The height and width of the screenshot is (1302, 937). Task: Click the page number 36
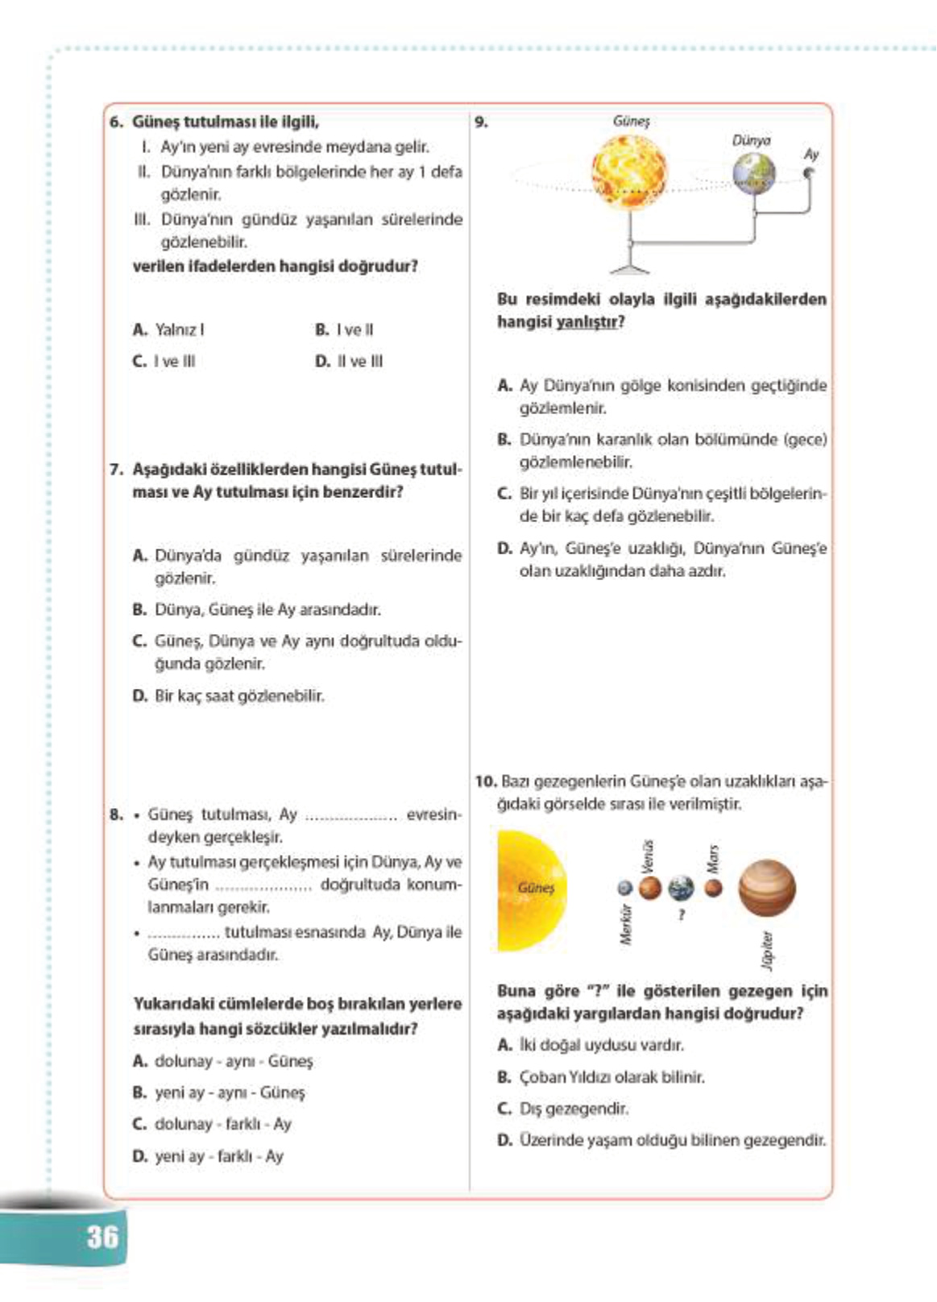point(102,1236)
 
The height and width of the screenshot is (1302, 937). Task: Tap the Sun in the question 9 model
point(630,172)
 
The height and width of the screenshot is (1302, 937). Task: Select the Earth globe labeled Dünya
point(753,174)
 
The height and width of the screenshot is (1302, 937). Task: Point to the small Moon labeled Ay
point(809,172)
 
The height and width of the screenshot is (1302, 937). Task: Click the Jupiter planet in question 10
point(766,888)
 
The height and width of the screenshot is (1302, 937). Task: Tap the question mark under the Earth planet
point(682,914)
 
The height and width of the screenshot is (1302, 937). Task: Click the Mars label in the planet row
point(712,859)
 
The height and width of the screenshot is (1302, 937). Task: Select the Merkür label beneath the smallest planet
point(626,923)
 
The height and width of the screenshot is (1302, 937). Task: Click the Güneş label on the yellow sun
point(536,887)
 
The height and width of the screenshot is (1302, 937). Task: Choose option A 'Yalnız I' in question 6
point(169,330)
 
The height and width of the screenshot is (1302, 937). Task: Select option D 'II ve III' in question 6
point(350,361)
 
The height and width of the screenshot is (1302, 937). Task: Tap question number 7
point(116,469)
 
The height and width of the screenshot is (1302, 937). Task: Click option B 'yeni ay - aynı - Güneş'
point(220,1093)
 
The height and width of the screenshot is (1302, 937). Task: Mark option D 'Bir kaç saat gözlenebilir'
point(229,695)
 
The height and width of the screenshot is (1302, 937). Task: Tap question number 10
point(485,781)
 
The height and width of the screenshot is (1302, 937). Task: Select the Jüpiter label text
point(768,950)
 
